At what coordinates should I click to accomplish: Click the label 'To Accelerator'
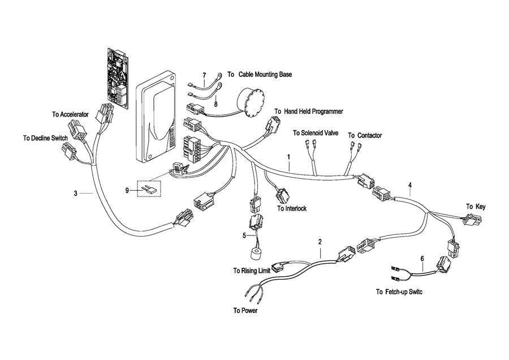pos(70,114)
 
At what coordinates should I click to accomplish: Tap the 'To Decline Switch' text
pos(45,138)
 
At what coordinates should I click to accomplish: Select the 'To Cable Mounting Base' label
pos(260,74)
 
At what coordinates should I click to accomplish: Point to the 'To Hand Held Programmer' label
pos(309,112)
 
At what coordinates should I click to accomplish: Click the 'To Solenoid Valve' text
pos(316,133)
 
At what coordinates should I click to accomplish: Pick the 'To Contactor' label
pos(365,135)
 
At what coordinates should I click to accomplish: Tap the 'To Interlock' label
pos(292,208)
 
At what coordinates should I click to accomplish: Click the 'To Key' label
pos(475,207)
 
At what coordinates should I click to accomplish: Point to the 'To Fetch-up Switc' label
pos(399,292)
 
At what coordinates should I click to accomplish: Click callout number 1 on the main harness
pos(288,156)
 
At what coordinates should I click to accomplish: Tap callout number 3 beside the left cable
pos(75,194)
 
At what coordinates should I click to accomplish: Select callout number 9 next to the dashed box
pos(127,191)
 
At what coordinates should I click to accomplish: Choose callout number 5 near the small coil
pos(244,235)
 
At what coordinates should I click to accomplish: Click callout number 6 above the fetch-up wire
pos(422,258)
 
